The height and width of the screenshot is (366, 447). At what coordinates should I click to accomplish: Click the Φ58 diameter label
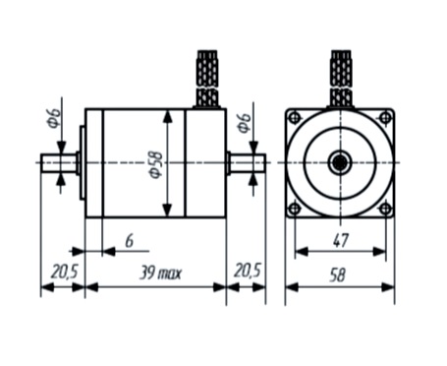click(x=156, y=164)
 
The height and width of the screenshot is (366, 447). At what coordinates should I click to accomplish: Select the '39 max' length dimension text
click(x=160, y=273)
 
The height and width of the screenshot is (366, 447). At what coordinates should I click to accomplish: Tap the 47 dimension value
click(x=341, y=240)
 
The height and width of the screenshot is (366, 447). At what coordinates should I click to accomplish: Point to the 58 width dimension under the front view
click(x=337, y=274)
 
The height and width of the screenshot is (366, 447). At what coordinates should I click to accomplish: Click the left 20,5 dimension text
click(x=65, y=272)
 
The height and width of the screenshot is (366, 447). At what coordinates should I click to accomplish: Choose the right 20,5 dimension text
click(x=248, y=272)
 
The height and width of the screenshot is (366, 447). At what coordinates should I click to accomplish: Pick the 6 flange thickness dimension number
click(x=130, y=241)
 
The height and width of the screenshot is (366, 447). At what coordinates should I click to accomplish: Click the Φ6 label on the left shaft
click(x=54, y=117)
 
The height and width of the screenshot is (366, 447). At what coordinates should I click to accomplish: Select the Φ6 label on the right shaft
click(x=245, y=123)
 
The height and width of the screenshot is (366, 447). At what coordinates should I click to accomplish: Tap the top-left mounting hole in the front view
click(x=295, y=117)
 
